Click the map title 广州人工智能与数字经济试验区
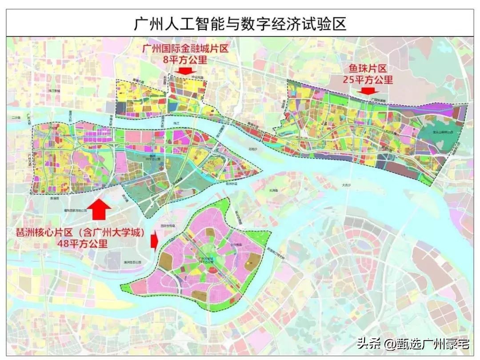pyautogui.click(x=240, y=24)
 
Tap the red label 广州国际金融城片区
pyautogui.click(x=185, y=48)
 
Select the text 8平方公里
pyautogui.click(x=185, y=60)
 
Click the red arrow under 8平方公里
pyautogui.click(x=185, y=70)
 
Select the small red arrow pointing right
pyautogui.click(x=154, y=242)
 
